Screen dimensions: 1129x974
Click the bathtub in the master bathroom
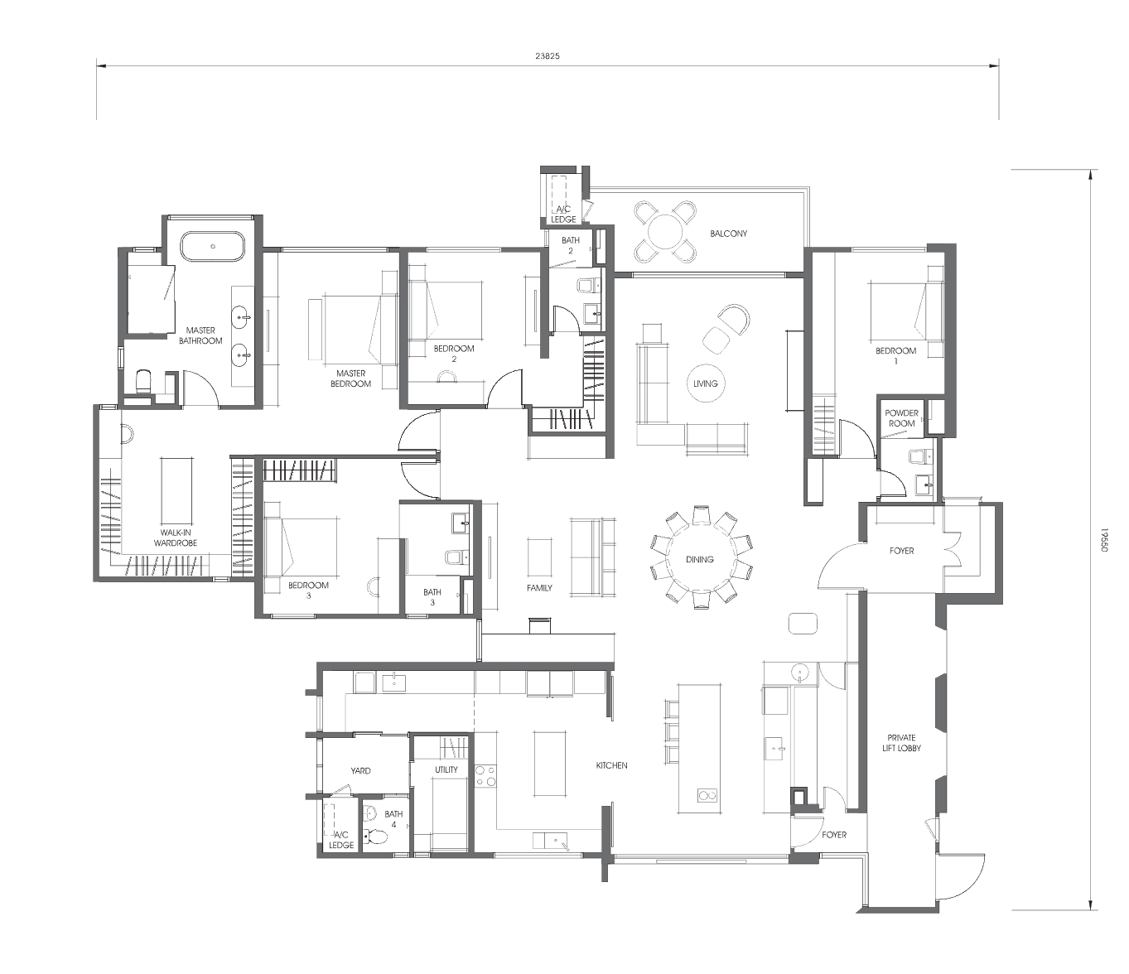[213, 246]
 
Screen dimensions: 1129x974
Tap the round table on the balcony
[665, 232]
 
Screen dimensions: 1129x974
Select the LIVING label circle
[705, 383]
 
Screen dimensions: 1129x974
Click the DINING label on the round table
[700, 559]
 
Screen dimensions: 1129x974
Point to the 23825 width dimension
[548, 55]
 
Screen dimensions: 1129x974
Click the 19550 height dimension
[1102, 541]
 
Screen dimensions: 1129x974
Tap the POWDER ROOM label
[902, 418]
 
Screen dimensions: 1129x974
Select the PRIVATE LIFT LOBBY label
[902, 743]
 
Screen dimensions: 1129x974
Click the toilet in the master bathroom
[143, 381]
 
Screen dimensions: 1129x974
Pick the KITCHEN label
[612, 765]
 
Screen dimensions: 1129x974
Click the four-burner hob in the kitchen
[485, 776]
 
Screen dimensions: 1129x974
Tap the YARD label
[360, 771]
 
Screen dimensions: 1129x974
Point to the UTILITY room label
[446, 769]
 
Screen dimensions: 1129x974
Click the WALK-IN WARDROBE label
[176, 538]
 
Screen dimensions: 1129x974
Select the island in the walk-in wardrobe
[176, 490]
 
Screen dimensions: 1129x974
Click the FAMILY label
[539, 588]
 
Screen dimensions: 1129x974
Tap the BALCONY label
[729, 234]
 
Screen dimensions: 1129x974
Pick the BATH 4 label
[393, 819]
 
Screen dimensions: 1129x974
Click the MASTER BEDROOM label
[350, 379]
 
